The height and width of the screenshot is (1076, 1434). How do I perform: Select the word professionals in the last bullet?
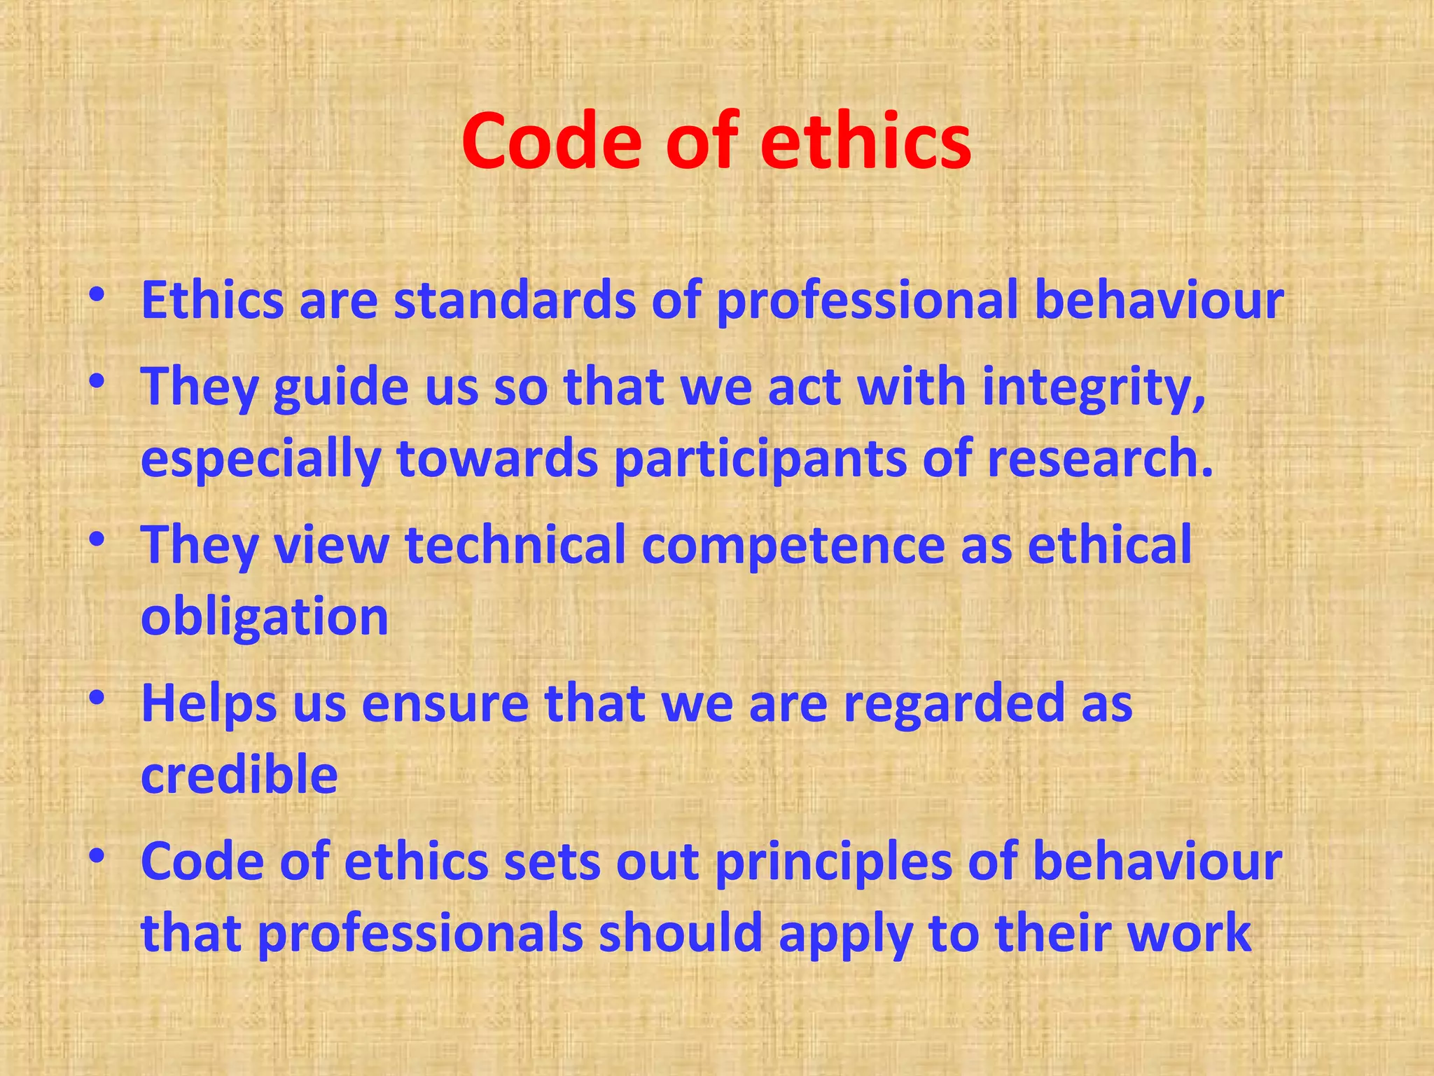pos(420,936)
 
